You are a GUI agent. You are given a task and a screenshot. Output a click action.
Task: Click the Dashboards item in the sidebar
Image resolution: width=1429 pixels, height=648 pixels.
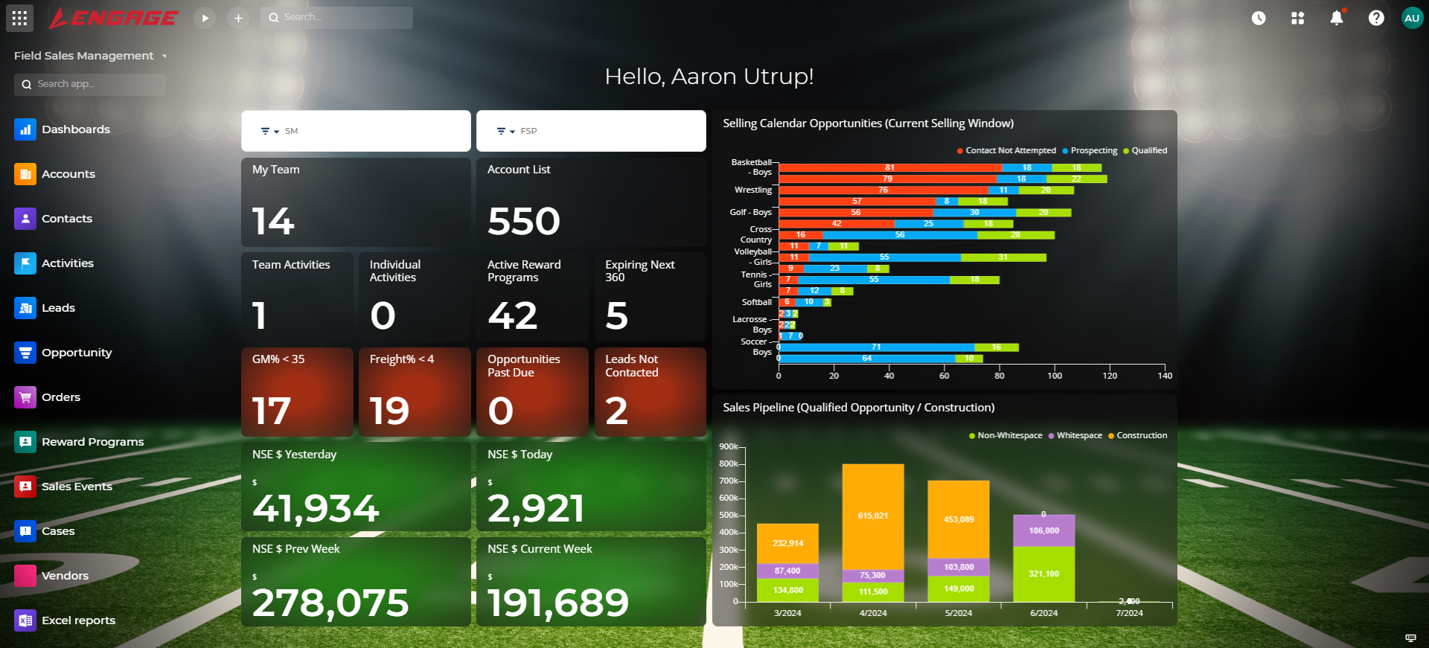pyautogui.click(x=75, y=129)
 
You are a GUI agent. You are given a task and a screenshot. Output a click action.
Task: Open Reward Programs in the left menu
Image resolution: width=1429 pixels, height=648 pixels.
pyautogui.click(x=92, y=442)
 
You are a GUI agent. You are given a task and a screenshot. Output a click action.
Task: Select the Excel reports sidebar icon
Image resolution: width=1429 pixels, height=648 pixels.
pyautogui.click(x=25, y=620)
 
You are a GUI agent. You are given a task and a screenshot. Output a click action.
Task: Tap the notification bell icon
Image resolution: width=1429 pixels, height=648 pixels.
pyautogui.click(x=1337, y=18)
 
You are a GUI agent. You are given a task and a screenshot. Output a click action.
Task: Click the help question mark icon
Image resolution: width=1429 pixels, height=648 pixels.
pyautogui.click(x=1376, y=18)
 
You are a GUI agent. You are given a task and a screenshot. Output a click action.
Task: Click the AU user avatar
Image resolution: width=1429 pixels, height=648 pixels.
pyautogui.click(x=1412, y=18)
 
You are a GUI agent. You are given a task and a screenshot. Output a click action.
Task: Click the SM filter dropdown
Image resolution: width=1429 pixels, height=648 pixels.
pyautogui.click(x=355, y=131)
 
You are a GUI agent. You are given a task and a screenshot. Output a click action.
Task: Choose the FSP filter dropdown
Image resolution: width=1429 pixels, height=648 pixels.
pyautogui.click(x=590, y=131)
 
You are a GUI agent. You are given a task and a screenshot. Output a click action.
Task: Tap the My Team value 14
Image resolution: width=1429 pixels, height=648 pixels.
pyautogui.click(x=273, y=222)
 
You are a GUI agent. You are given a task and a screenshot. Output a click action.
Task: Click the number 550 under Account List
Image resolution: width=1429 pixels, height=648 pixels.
pyautogui.click(x=524, y=222)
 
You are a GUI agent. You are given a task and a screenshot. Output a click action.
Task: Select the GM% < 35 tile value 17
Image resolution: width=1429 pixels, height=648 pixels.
pyautogui.click(x=272, y=411)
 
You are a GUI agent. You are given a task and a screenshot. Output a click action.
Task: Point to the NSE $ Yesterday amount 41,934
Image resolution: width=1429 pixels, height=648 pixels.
pyautogui.click(x=316, y=508)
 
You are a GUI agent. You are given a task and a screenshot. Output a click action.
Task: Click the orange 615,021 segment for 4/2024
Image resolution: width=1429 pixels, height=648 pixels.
pyautogui.click(x=873, y=516)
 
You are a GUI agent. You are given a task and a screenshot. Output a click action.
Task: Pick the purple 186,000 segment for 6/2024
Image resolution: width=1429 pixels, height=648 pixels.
pyautogui.click(x=1043, y=530)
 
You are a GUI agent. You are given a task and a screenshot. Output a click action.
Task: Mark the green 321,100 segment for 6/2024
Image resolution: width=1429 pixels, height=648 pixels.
pyautogui.click(x=1043, y=574)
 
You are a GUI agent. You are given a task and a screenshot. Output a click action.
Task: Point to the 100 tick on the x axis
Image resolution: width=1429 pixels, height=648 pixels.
pyautogui.click(x=1055, y=376)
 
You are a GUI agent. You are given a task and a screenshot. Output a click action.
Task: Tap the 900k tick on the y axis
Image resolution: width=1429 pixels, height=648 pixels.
pyautogui.click(x=728, y=446)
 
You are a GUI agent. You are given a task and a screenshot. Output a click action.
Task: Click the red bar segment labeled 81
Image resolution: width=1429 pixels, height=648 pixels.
pyautogui.click(x=889, y=167)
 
